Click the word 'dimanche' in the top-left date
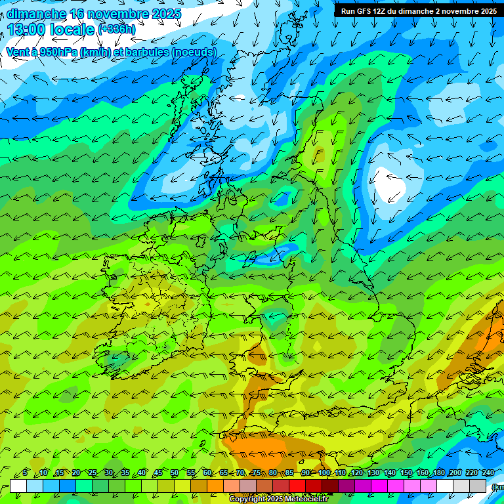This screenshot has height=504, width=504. click(x=36, y=14)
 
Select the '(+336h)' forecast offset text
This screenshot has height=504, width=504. click(x=117, y=30)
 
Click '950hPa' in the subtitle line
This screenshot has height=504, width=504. click(x=57, y=52)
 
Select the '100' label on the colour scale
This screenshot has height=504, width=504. click(x=324, y=472)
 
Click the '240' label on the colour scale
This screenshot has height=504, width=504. click(x=488, y=472)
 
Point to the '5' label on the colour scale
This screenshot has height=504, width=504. click(x=25, y=472)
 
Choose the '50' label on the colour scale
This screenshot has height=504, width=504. click(x=175, y=472)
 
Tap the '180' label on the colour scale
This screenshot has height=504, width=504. click(x=438, y=472)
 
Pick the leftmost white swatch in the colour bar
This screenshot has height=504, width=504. click(x=18, y=486)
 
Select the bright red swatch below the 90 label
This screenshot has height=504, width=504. click(x=297, y=486)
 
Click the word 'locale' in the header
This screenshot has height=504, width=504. click(x=73, y=30)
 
